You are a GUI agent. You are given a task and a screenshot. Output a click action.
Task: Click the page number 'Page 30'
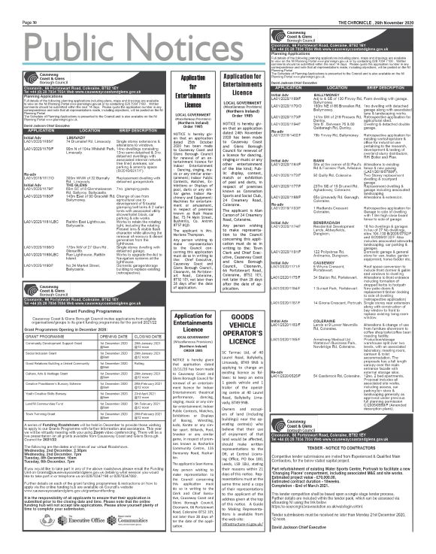coord(13,4)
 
